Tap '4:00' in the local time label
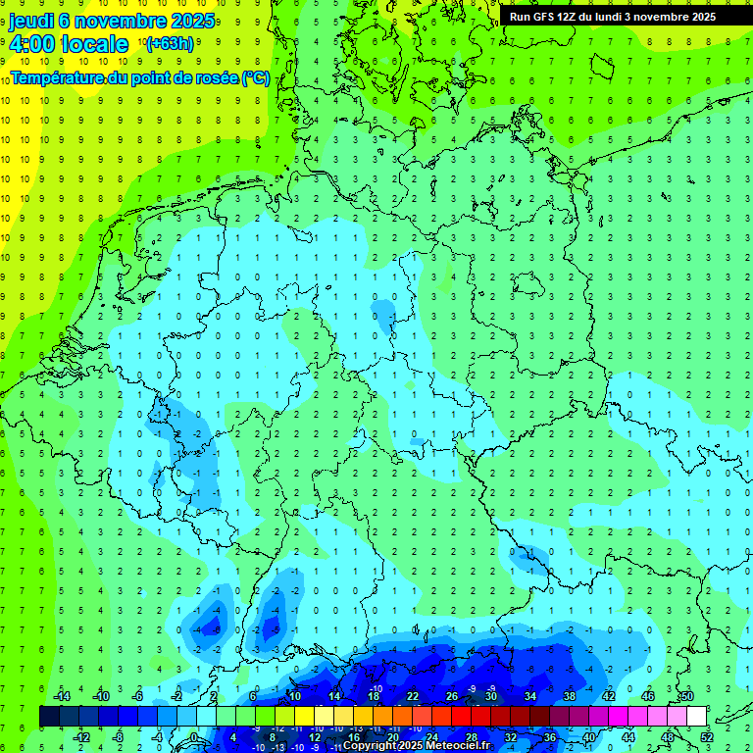[x=32, y=44]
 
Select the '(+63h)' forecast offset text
[x=170, y=43]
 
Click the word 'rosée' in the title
[x=214, y=77]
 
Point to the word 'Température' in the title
[x=58, y=77]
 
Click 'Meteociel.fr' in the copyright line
[x=458, y=746]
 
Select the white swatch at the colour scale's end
[x=696, y=717]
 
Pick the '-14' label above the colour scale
[x=61, y=696]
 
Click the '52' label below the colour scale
[x=707, y=737]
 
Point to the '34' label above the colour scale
[x=530, y=696]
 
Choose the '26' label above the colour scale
[x=452, y=696]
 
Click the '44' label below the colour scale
[x=628, y=737]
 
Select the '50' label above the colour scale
[x=687, y=696]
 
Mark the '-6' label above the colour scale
[x=138, y=696]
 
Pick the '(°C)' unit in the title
[x=255, y=77]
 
